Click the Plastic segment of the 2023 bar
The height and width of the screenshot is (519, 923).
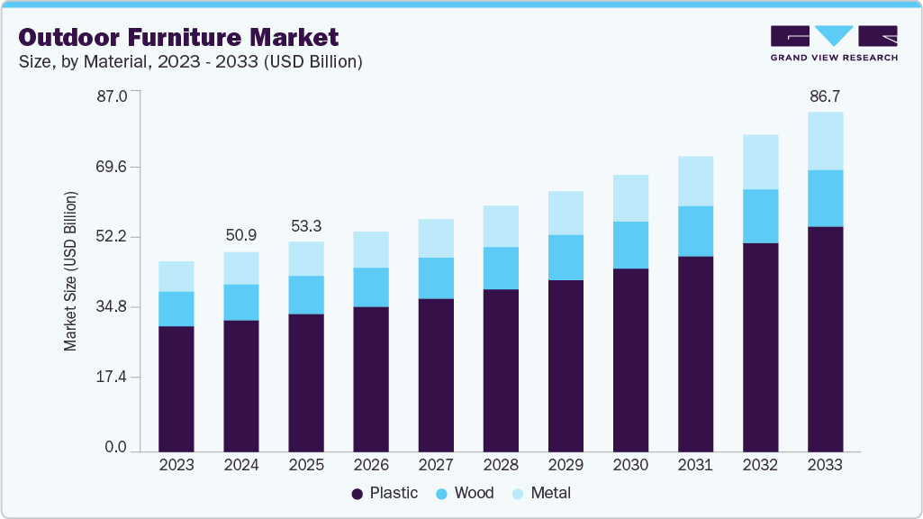(176, 388)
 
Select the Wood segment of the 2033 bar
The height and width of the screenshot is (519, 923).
(825, 198)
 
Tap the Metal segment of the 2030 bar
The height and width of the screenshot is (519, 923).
(630, 198)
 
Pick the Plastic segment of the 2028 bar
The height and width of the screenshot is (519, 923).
(501, 369)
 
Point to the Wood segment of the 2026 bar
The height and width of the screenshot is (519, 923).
(371, 287)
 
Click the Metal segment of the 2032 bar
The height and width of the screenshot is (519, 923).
(760, 162)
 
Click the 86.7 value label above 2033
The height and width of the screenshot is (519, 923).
(825, 96)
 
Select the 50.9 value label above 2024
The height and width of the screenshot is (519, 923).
(241, 235)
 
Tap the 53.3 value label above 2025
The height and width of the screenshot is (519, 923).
(306, 225)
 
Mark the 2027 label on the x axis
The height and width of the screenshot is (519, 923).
(436, 466)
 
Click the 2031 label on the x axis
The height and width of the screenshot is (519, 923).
(695, 466)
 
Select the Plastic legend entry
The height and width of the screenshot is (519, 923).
(385, 493)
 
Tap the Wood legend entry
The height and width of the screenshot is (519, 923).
(466, 493)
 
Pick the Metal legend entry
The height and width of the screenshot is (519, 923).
(542, 493)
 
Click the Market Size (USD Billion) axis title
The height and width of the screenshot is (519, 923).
(70, 271)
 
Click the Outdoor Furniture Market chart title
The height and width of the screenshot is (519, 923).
(179, 37)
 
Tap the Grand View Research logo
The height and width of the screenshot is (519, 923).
(834, 42)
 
